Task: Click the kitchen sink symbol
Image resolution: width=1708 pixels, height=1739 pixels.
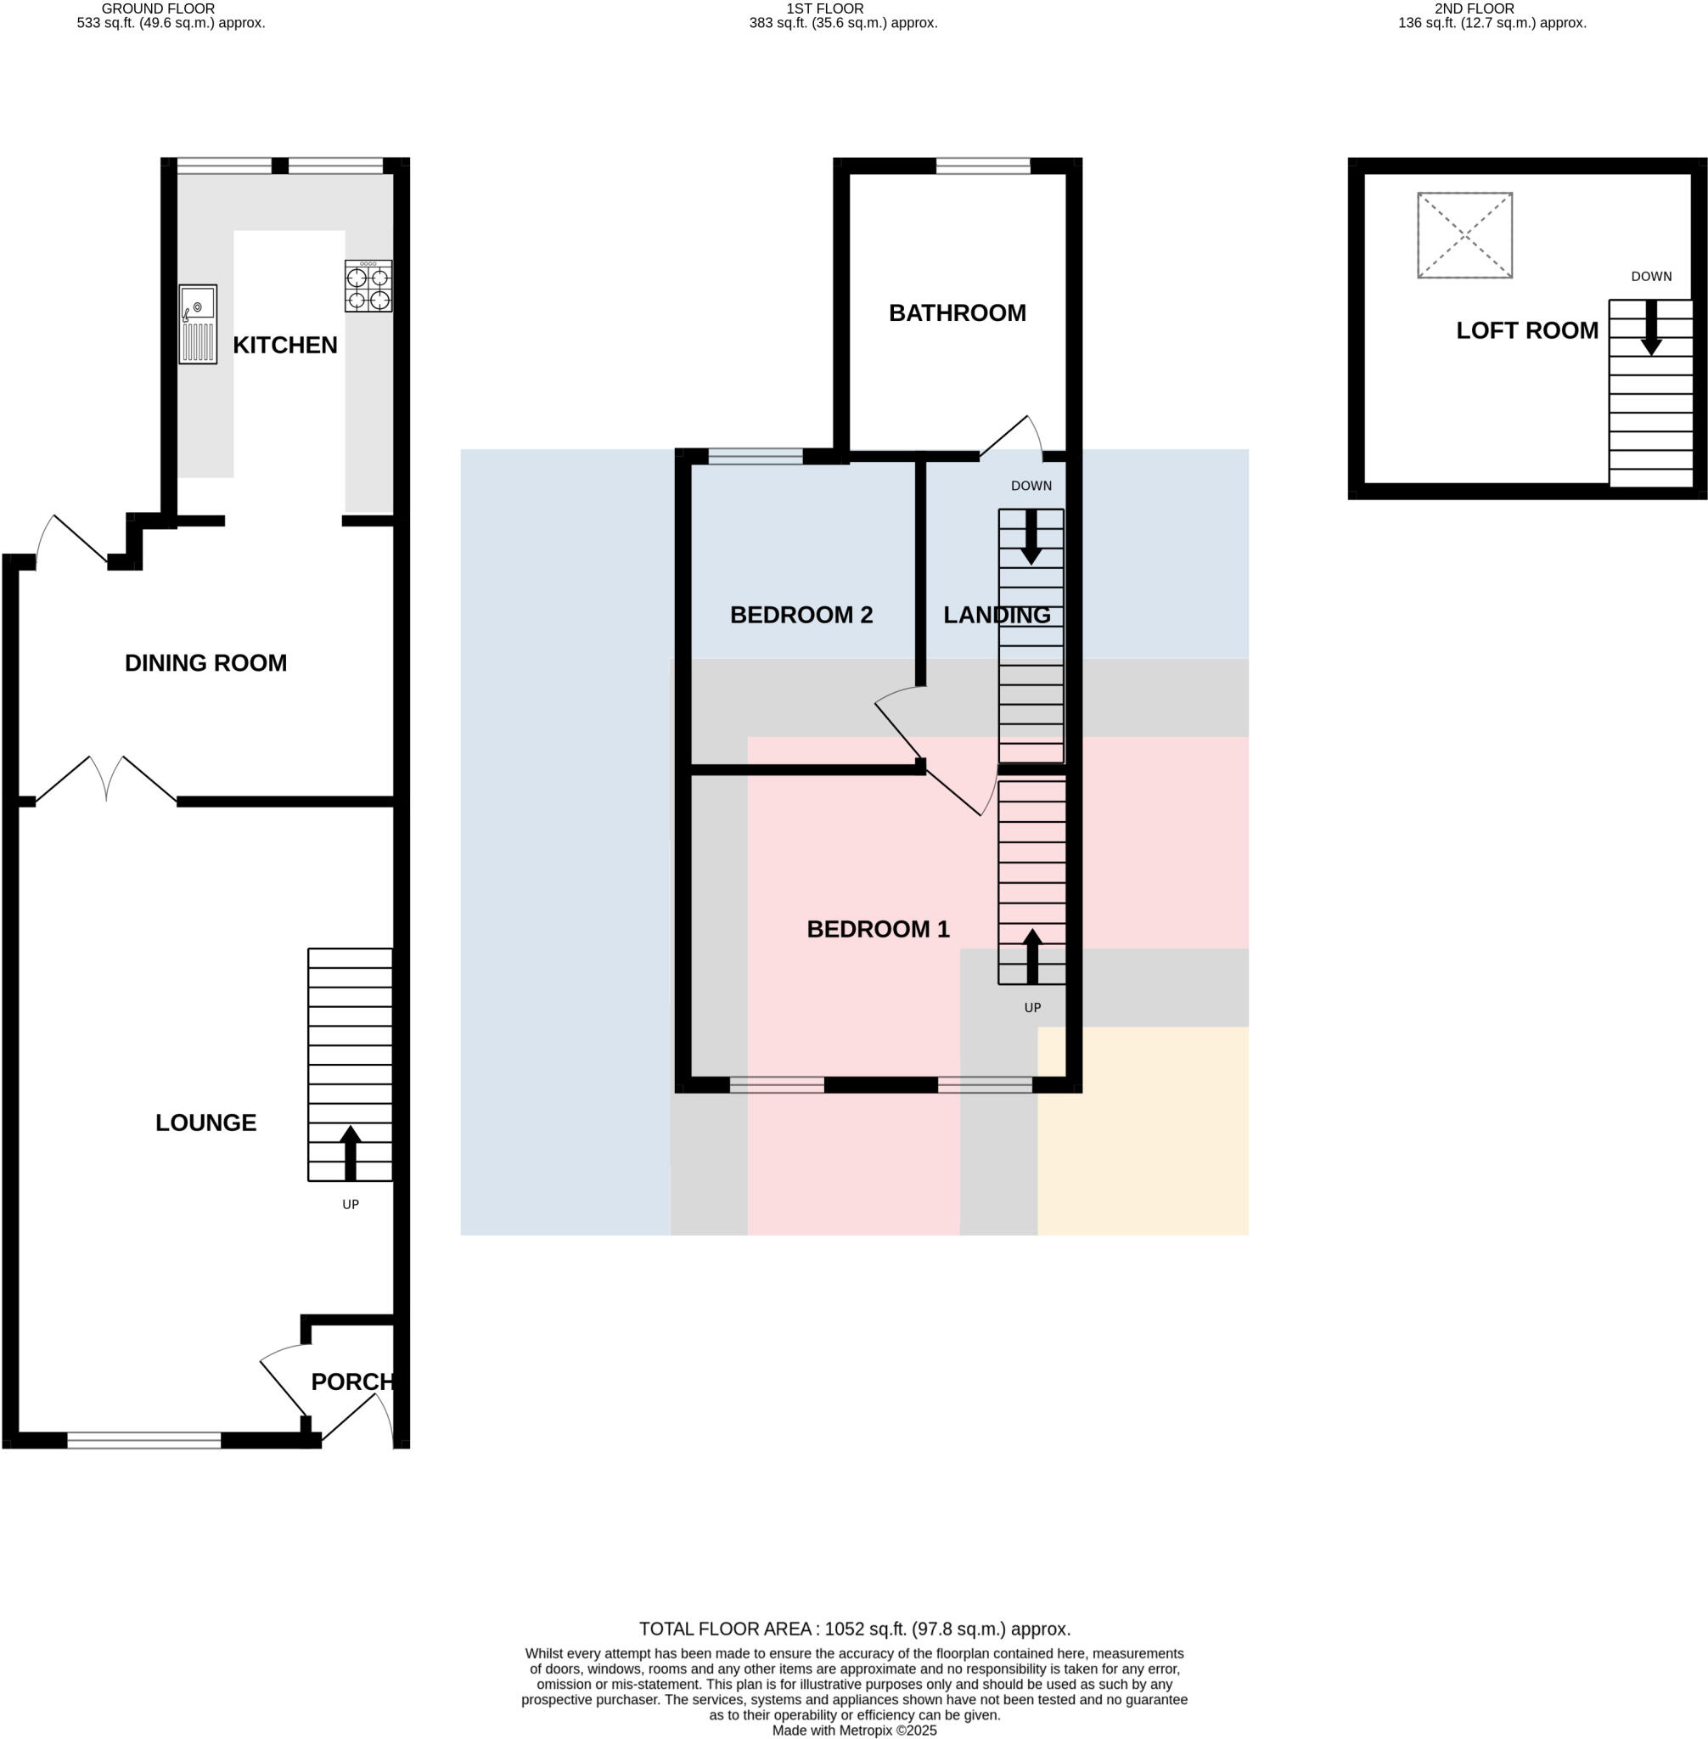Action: click(x=197, y=324)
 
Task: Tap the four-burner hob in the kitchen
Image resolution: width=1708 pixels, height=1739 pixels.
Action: click(x=368, y=286)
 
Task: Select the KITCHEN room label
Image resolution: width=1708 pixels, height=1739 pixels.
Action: click(x=285, y=346)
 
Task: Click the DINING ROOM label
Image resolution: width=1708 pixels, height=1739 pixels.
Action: click(x=205, y=663)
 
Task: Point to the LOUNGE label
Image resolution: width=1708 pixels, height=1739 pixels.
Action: click(x=205, y=1123)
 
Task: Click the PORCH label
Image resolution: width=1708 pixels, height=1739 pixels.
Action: click(x=351, y=1382)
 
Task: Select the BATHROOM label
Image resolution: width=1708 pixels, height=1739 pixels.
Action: click(x=958, y=313)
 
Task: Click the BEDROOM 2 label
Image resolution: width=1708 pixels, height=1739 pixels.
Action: click(x=801, y=615)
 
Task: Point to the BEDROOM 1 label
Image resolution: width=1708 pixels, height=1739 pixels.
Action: click(x=877, y=929)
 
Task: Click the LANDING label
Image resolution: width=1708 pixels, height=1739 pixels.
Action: click(x=997, y=615)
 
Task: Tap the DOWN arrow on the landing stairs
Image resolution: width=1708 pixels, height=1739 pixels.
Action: click(x=1031, y=537)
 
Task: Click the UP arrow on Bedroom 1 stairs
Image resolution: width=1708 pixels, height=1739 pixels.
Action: click(x=1031, y=957)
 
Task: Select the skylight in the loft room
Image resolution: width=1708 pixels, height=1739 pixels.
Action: click(x=1464, y=235)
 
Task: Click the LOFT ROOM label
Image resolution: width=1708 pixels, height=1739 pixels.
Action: click(x=1527, y=330)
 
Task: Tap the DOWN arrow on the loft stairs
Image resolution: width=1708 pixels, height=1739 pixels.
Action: click(x=1650, y=328)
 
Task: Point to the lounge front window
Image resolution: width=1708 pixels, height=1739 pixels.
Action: click(x=143, y=1440)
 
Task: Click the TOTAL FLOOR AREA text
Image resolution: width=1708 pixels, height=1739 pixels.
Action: click(x=854, y=1629)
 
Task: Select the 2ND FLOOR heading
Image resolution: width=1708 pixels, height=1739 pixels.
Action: click(x=1492, y=9)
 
